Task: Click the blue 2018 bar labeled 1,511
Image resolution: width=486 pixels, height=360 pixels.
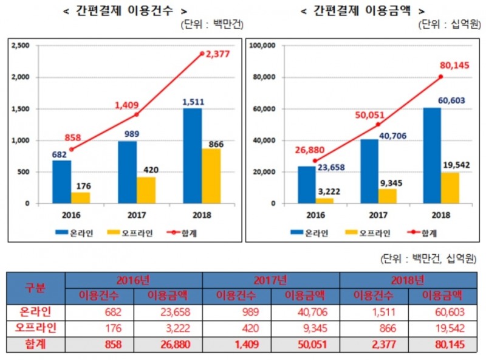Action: tap(192, 156)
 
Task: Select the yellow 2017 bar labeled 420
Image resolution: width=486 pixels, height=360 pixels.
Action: tap(146, 190)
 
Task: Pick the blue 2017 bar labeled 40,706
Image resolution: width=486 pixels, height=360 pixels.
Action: tap(369, 171)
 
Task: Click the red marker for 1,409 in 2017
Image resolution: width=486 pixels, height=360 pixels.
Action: tap(137, 114)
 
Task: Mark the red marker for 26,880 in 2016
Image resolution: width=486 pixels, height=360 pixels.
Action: tap(315, 161)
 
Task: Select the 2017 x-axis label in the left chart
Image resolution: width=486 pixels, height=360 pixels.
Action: tap(137, 215)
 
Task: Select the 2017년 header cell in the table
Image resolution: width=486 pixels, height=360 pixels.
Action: tap(270, 281)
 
